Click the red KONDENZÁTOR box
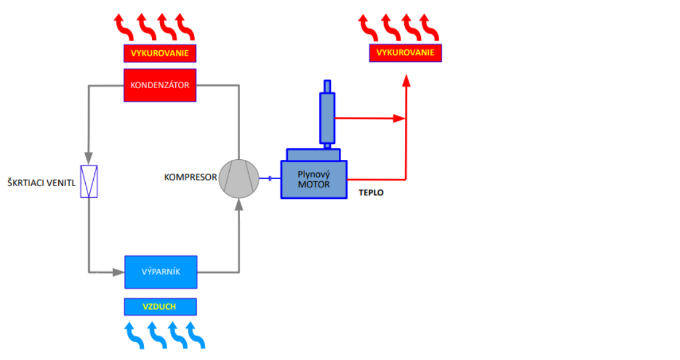(160, 86)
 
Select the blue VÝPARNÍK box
(161, 272)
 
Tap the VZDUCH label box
(161, 306)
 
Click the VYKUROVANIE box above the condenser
(160, 54)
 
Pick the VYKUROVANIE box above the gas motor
(405, 53)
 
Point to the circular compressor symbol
(239, 178)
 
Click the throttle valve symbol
(89, 181)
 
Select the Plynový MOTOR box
(314, 179)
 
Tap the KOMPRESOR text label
(191, 178)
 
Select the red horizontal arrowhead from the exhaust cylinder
(400, 118)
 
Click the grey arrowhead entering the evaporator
(118, 271)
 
